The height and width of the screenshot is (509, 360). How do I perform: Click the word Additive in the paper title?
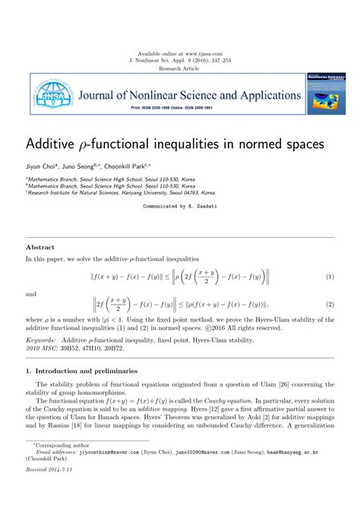pyautogui.click(x=52, y=144)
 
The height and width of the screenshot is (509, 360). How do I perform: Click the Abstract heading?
pyautogui.click(x=40, y=248)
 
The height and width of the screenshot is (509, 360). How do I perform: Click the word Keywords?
pyautogui.click(x=41, y=340)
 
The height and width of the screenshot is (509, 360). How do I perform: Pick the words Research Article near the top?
pyautogui.click(x=180, y=68)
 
